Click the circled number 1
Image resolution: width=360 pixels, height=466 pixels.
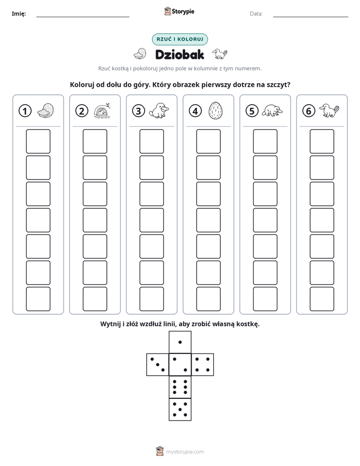click(x=25, y=111)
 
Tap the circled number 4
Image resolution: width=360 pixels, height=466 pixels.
click(x=195, y=111)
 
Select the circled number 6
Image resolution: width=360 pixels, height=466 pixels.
click(x=309, y=111)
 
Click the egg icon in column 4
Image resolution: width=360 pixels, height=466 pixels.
click(x=215, y=111)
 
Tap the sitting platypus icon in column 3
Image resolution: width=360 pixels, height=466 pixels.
click(x=159, y=110)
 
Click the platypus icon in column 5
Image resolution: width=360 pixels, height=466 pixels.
click(x=272, y=111)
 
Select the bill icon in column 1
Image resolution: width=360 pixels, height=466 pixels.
click(x=46, y=110)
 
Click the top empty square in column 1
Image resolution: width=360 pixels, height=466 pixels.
click(x=38, y=141)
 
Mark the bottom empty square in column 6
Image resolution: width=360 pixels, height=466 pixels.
click(x=322, y=299)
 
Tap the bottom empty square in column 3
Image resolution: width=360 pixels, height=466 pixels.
click(x=151, y=299)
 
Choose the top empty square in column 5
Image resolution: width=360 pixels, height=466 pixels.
click(x=265, y=141)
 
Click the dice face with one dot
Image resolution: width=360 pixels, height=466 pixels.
click(x=180, y=342)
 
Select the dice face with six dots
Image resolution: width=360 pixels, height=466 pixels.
click(x=180, y=387)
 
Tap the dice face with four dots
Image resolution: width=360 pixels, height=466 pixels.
click(x=203, y=365)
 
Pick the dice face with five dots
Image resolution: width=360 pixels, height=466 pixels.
click(x=180, y=409)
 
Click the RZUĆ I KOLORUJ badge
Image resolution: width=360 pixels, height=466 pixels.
click(x=179, y=39)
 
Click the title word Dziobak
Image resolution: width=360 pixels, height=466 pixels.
click(x=179, y=54)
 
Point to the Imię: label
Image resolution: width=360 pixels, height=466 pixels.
click(x=19, y=14)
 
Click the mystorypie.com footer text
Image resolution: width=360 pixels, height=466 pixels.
click(x=185, y=452)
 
